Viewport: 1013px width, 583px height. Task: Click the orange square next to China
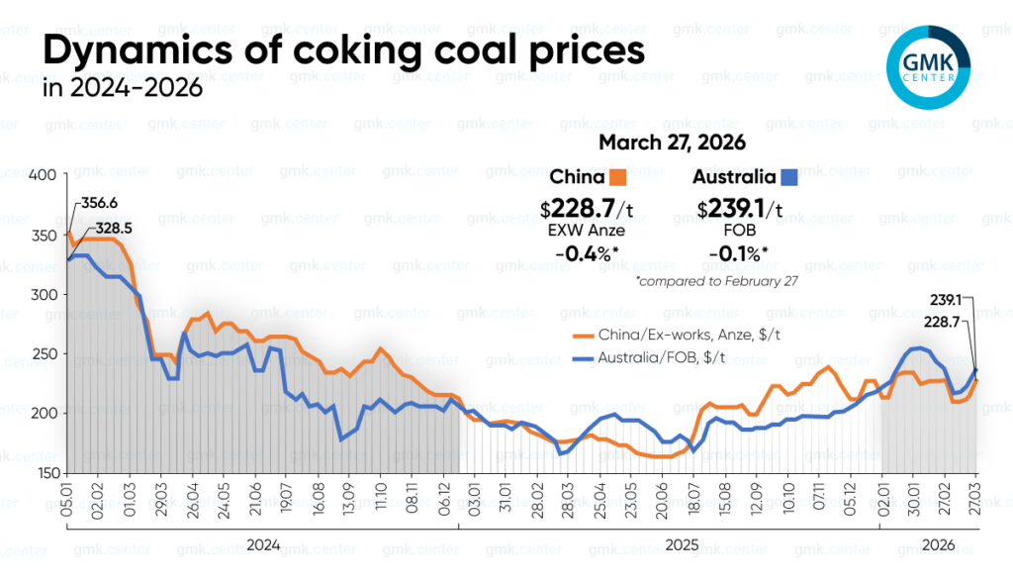618,179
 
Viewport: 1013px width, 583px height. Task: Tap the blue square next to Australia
789,179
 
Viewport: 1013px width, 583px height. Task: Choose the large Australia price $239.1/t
740,209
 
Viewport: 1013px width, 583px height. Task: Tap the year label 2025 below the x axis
681,544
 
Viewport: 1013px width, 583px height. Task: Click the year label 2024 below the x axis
262,544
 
